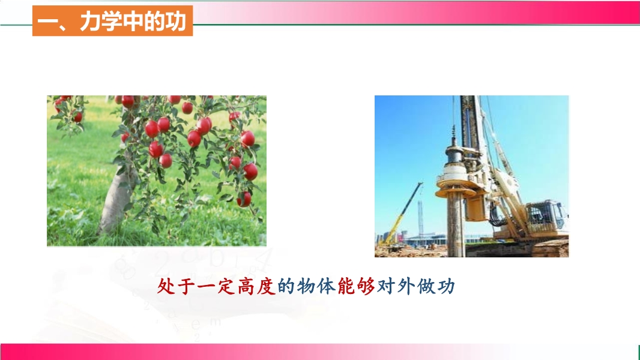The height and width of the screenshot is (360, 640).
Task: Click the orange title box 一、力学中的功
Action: coord(112,21)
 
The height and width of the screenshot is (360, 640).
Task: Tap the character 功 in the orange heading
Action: coord(176,21)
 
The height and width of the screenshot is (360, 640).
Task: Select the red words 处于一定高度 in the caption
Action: coord(216,286)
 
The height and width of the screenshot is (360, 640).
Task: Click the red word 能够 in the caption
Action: coord(356,286)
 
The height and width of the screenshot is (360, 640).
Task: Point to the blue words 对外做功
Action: coord(415,286)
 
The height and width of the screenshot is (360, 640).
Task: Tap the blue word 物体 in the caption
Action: coord(316,286)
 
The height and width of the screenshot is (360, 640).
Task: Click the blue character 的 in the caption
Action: coord(286,286)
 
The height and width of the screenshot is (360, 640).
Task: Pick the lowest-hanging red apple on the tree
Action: coord(244,199)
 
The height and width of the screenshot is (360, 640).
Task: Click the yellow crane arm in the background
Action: coord(402,212)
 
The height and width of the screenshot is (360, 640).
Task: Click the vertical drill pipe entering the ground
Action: coord(456,225)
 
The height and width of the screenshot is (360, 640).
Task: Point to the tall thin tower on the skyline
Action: coord(420,218)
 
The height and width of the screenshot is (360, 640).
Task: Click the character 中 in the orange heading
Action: coord(133,21)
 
